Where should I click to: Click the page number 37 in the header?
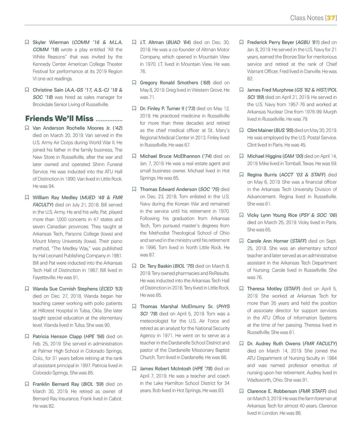331,18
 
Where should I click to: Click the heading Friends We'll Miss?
59,118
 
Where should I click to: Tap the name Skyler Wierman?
51,42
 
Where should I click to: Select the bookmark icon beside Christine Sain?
27,90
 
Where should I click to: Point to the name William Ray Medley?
55,198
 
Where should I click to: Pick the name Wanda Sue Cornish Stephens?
65,289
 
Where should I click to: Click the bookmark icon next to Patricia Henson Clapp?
27,337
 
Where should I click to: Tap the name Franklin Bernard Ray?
56,384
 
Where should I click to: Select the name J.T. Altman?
152,42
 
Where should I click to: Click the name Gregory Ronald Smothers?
169,83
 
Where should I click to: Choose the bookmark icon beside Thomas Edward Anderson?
134,189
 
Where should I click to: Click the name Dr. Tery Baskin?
156,266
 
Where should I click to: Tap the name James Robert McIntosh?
165,369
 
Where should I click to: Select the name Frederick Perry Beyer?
270,42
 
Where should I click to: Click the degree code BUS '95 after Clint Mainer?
284,130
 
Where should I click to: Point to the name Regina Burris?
262,175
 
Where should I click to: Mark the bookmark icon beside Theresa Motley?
241,289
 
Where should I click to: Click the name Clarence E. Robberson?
272,391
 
